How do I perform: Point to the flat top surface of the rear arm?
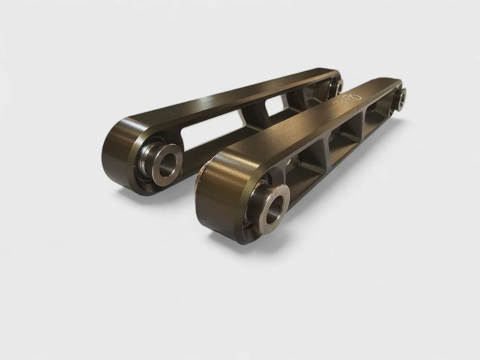point(228,96)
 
